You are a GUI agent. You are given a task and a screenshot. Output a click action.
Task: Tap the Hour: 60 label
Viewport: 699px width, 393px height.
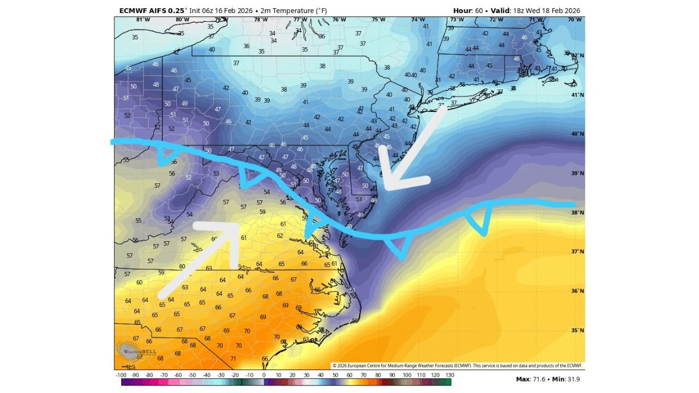467,10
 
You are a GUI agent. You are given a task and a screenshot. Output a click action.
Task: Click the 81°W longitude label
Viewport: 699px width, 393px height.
143,20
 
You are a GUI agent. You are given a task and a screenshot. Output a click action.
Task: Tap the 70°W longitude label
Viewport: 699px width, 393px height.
574,20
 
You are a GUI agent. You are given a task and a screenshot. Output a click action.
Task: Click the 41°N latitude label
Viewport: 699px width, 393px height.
577,95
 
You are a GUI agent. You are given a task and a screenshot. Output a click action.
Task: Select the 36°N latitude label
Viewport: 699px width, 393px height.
577,291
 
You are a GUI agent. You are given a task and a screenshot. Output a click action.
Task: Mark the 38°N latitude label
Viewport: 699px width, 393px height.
577,212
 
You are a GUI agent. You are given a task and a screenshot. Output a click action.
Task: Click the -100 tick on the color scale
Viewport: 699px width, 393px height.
121,375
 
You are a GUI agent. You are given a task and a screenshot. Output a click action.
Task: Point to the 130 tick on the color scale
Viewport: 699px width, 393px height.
449,375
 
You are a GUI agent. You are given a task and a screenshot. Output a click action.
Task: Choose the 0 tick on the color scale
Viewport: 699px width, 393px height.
264,375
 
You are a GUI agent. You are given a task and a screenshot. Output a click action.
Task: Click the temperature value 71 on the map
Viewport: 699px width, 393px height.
233,359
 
